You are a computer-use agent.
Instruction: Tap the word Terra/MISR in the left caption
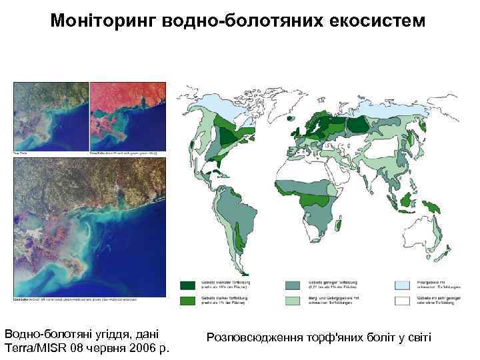pos(33,347)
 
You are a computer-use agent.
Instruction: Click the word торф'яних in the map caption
pos(328,338)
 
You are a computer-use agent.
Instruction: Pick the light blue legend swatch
pos(403,285)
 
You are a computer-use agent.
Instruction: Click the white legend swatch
pos(403,300)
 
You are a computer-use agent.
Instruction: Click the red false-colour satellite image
pos(127,117)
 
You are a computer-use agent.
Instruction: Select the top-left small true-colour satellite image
pos(51,117)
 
